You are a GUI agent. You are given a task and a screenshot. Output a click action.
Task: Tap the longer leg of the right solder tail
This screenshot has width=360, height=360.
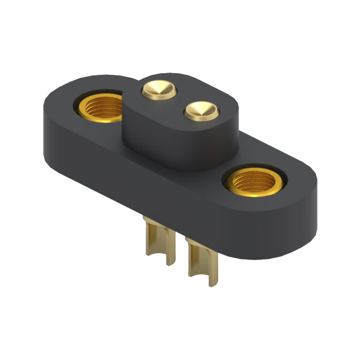click(x=194, y=267)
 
